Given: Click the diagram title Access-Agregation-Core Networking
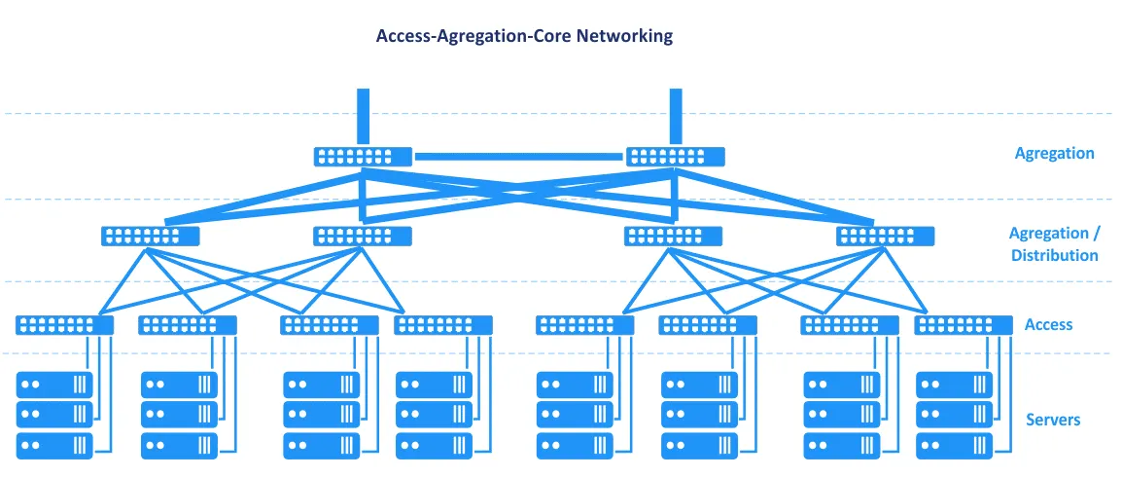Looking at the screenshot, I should [x=524, y=36].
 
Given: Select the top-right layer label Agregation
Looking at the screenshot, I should [x=1054, y=153].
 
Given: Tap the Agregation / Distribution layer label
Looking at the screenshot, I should [x=1054, y=244].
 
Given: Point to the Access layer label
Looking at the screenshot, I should [x=1048, y=324].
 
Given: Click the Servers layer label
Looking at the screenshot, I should [x=1053, y=420].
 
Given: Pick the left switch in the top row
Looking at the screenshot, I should [x=363, y=156].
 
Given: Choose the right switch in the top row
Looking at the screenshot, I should [x=676, y=156].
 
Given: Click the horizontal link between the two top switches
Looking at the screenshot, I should [x=519, y=156].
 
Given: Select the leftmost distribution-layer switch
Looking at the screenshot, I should [x=150, y=236].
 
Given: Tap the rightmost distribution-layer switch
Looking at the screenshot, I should [x=886, y=236].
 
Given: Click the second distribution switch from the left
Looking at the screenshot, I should [x=363, y=236].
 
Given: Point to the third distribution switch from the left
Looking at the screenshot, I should [x=673, y=236].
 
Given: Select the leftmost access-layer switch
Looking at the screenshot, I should [x=65, y=325].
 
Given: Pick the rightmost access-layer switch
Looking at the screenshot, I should [x=964, y=325].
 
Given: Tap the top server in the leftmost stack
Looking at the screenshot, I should [x=54, y=385].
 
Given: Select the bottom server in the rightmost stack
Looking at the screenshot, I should [x=954, y=447].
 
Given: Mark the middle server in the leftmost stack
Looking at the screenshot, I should [x=54, y=416].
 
